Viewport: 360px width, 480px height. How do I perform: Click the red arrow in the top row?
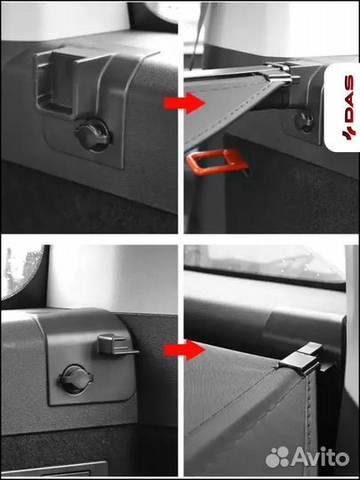click(184, 103)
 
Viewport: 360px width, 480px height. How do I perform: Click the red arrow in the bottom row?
click(184, 349)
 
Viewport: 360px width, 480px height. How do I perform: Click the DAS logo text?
click(348, 99)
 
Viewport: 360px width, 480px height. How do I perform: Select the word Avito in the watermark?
click(320, 458)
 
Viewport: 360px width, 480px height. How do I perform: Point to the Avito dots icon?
click(277, 457)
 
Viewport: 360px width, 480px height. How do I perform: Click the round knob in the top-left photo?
click(93, 136)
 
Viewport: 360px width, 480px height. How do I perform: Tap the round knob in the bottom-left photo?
click(76, 380)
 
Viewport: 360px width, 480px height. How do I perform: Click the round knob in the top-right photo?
click(304, 122)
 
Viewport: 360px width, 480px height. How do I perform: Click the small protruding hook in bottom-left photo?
click(116, 345)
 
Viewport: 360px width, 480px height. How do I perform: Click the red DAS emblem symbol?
click(348, 132)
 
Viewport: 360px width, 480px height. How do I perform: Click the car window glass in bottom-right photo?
click(263, 262)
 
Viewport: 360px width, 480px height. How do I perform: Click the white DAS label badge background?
click(341, 108)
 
